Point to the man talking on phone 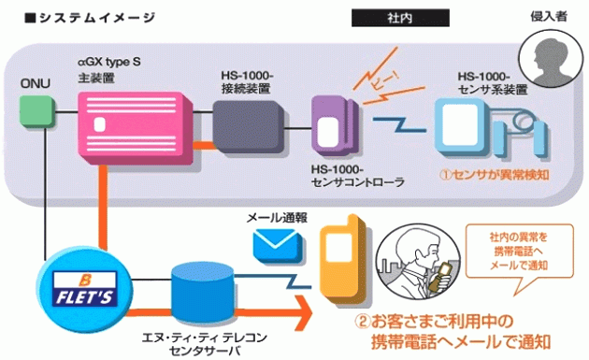point(424,265)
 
